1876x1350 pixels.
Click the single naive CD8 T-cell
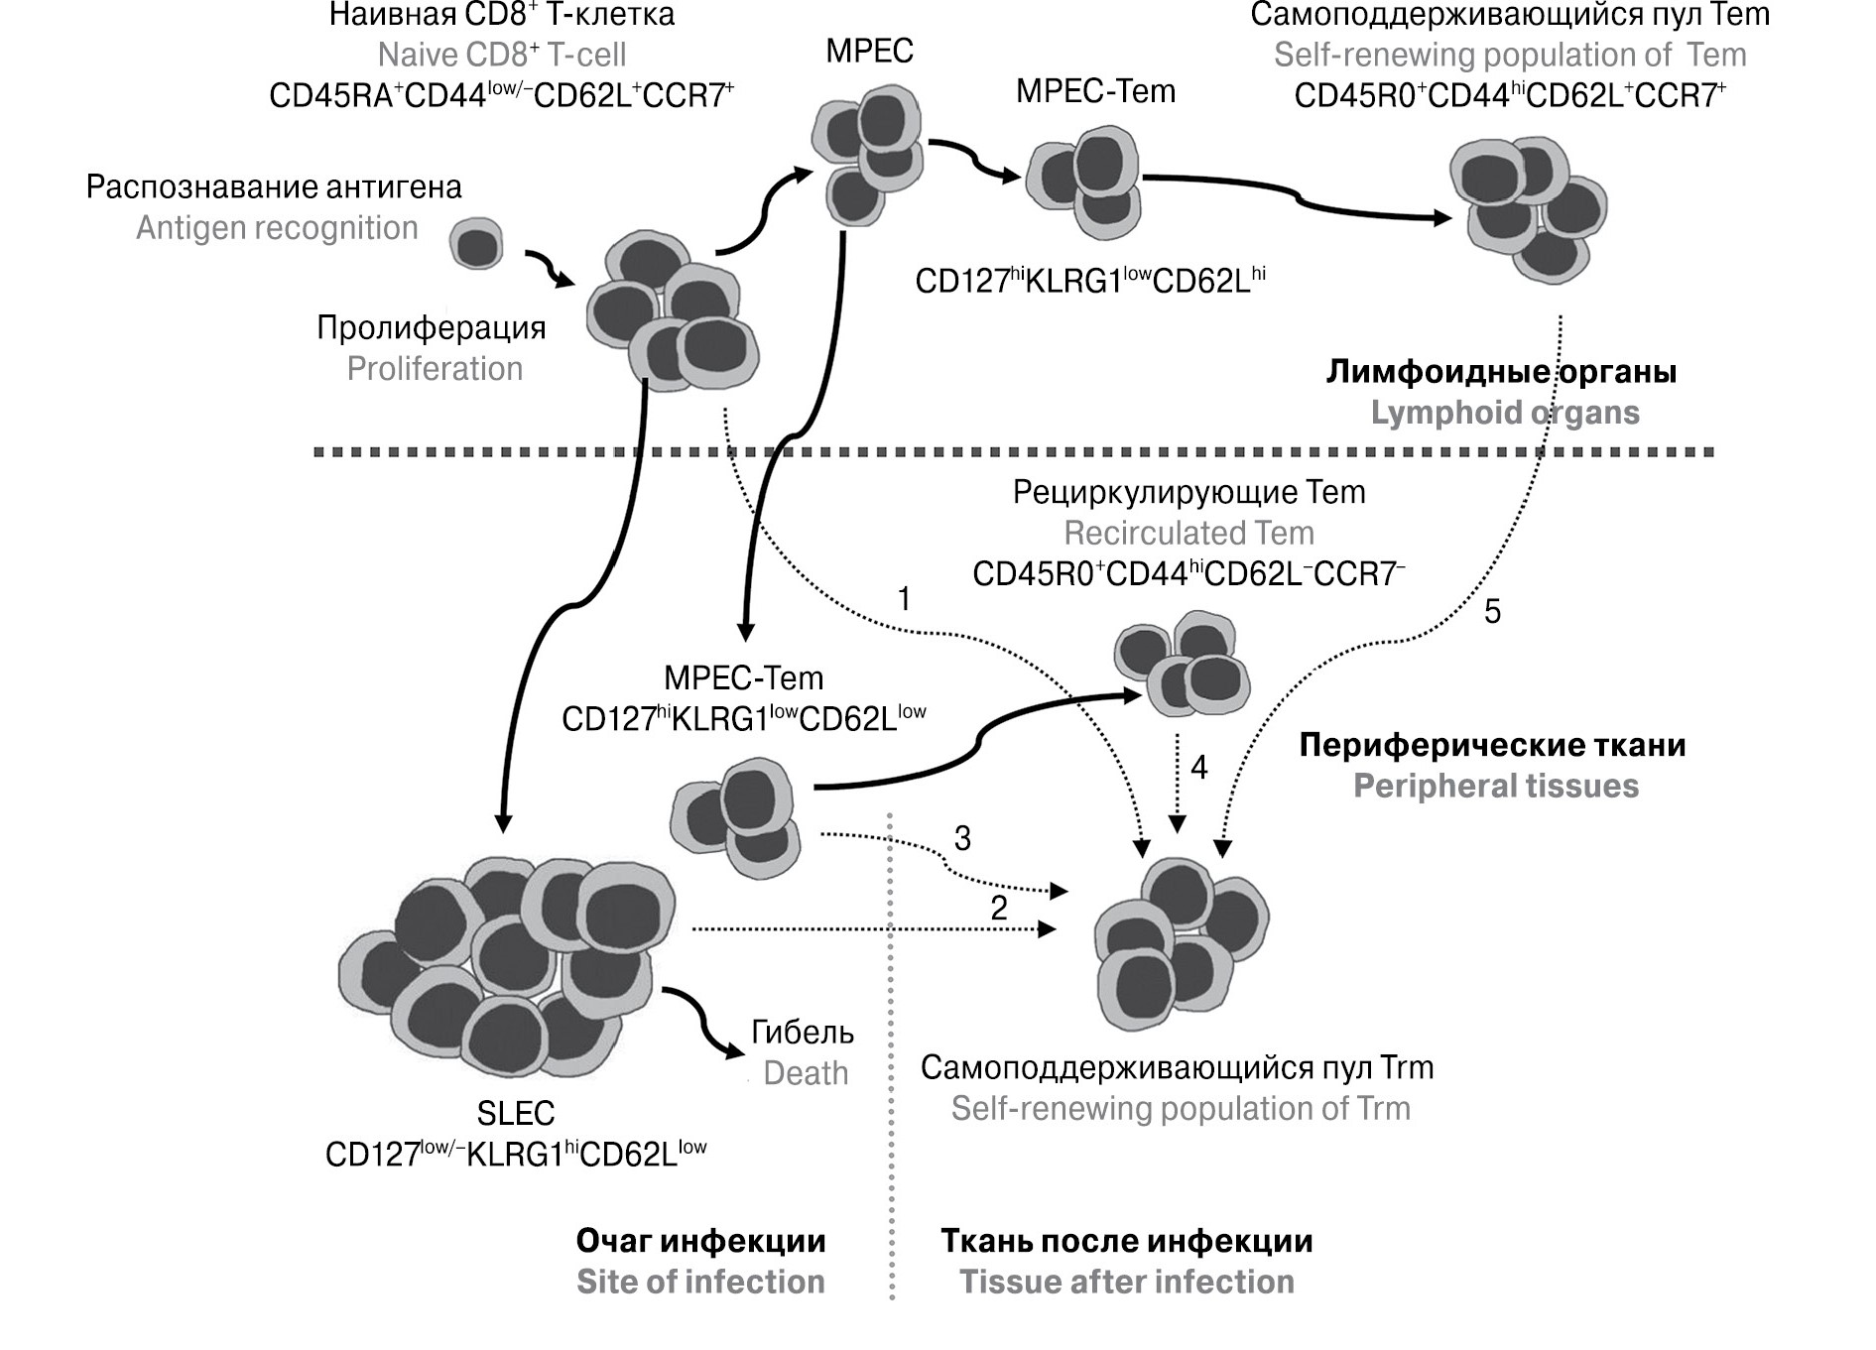pyautogui.click(x=477, y=244)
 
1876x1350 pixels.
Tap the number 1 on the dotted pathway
pyautogui.click(x=904, y=598)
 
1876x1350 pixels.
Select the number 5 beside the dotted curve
pyautogui.click(x=1492, y=612)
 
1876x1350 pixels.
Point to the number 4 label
pyautogui.click(x=1198, y=767)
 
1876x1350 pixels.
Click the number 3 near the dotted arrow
pyautogui.click(x=962, y=838)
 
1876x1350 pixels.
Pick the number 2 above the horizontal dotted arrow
pyautogui.click(x=999, y=907)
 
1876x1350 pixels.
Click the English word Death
pyautogui.click(x=806, y=1073)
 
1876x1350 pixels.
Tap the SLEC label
pyautogui.click(x=516, y=1113)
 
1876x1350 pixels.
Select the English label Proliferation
pyautogui.click(x=435, y=369)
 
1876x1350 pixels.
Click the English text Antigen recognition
pyautogui.click(x=277, y=228)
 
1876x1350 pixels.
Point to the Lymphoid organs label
pyautogui.click(x=1505, y=413)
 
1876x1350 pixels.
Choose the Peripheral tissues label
pyautogui.click(x=1496, y=787)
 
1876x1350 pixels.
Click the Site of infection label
pyautogui.click(x=700, y=1282)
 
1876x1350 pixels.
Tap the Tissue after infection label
pyautogui.click(x=1127, y=1282)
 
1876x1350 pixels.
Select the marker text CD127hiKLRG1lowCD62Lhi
pyautogui.click(x=1090, y=281)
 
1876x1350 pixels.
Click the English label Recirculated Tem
pyautogui.click(x=1188, y=534)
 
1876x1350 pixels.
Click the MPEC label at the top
pyautogui.click(x=869, y=51)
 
